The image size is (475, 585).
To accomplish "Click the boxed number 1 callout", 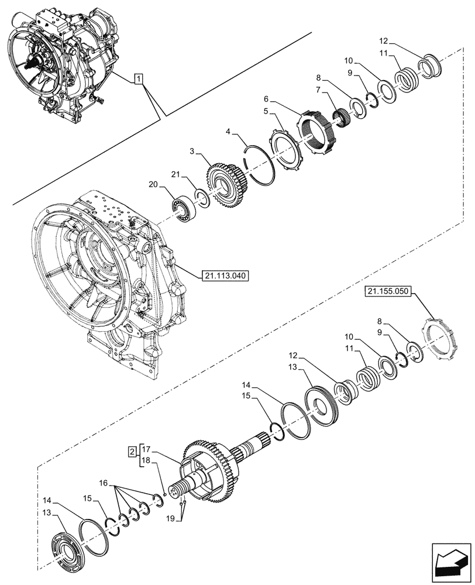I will pyautogui.click(x=137, y=78).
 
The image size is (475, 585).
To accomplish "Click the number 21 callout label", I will pyautogui.click(x=175, y=175).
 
